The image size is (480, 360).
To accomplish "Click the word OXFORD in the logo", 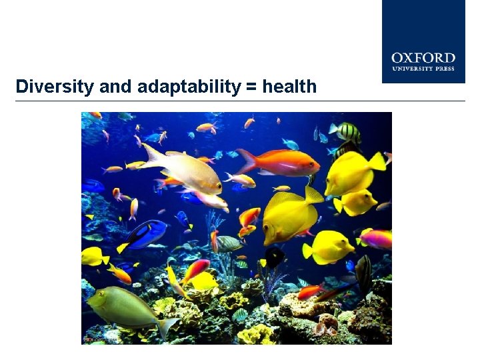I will [x=423, y=59].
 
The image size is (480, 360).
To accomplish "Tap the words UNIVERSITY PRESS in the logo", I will [x=423, y=69].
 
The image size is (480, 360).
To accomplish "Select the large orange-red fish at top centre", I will [x=283, y=162].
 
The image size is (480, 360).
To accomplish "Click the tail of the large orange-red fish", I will [x=245, y=160].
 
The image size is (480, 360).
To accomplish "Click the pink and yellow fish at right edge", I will [x=377, y=238].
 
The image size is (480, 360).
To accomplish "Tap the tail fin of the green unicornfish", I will [x=168, y=327].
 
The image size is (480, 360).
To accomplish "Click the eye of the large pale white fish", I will [x=213, y=180].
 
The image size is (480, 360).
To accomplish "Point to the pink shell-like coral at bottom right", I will [x=328, y=327].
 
